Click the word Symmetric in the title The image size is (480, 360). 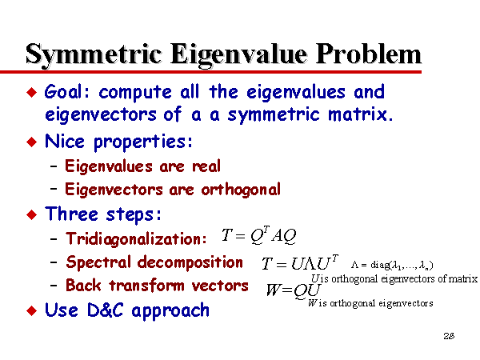(x=94, y=55)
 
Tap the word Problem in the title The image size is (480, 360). (x=369, y=54)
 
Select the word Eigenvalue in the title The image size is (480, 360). (x=238, y=55)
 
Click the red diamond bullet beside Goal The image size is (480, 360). (x=32, y=92)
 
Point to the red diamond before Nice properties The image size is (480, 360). (x=32, y=142)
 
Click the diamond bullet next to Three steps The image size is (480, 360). (x=32, y=214)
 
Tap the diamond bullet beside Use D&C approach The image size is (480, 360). (x=32, y=310)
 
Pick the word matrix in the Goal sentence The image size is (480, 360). (x=360, y=114)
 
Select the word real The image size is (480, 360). (x=206, y=166)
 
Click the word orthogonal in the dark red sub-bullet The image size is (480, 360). (x=241, y=190)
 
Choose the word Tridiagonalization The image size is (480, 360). (x=136, y=238)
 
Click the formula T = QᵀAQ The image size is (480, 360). (x=258, y=235)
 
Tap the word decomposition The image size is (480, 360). (x=190, y=262)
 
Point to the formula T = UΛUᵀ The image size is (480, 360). (x=300, y=262)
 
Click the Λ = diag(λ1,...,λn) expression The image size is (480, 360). (x=392, y=265)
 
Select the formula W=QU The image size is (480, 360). (x=294, y=290)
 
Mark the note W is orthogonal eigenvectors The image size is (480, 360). (x=370, y=303)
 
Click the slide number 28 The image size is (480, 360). (x=449, y=336)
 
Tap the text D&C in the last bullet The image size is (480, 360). (x=105, y=310)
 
